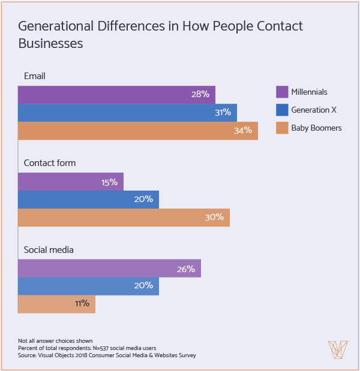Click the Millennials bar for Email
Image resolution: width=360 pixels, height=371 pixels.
click(116, 95)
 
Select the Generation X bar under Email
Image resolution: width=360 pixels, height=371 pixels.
click(127, 113)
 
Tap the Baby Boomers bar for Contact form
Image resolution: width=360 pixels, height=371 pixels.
click(124, 218)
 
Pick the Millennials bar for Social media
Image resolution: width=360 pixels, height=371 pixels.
click(109, 269)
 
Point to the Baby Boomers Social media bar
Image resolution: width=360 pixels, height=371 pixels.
click(56, 304)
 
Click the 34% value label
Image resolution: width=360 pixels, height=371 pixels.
click(243, 131)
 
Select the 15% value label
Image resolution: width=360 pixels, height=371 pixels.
click(109, 182)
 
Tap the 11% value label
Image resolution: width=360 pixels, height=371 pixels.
click(82, 304)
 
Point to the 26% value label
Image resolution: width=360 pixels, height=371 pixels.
click(186, 269)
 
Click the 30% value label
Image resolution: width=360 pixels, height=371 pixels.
click(214, 218)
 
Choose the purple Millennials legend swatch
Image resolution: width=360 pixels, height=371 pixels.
click(282, 92)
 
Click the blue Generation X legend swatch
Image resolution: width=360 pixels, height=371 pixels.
click(282, 110)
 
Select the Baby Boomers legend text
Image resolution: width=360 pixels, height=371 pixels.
click(316, 128)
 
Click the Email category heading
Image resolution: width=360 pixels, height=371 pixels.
click(35, 76)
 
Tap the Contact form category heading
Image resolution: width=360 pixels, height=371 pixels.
click(49, 163)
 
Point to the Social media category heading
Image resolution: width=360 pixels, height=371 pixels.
click(49, 249)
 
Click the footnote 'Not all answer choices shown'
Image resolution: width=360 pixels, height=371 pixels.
click(55, 340)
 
